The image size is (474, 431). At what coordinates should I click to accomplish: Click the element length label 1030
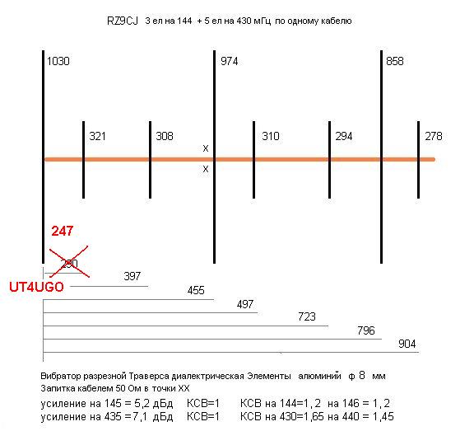point(58,62)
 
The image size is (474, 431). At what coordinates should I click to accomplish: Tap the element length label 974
point(229,62)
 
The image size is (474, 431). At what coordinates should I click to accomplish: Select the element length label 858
point(395,62)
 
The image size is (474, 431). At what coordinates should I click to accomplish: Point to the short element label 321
point(97,136)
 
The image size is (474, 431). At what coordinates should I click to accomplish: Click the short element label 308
point(165,136)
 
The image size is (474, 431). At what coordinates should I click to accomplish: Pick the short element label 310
point(271,136)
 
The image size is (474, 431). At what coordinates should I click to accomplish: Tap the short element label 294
point(344,136)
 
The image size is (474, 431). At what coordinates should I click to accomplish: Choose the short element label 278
point(434,136)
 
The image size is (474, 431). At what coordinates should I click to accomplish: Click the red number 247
point(63,231)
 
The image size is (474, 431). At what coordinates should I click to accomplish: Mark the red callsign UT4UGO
point(36,287)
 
